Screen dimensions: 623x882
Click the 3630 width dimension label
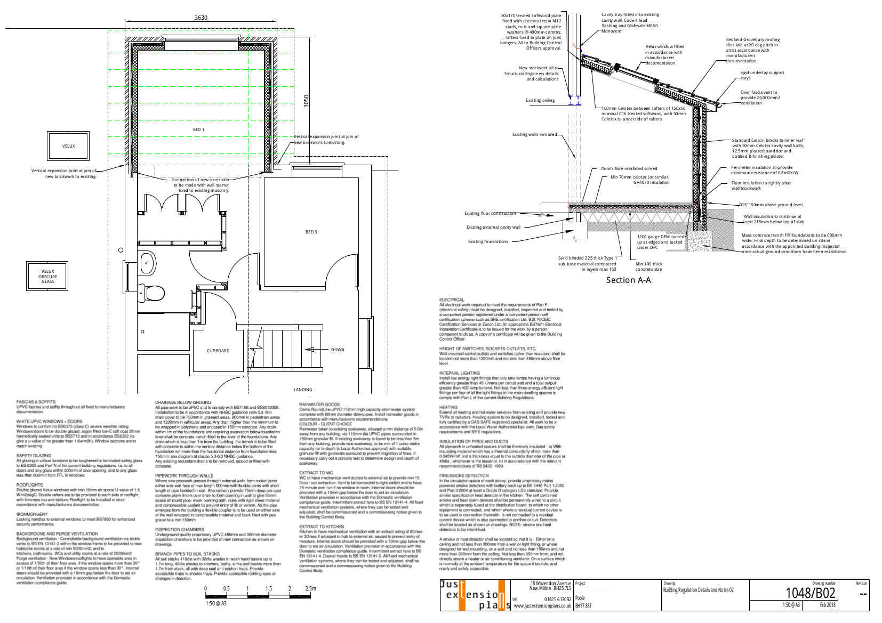(201, 18)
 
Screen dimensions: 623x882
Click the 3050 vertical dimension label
(306, 101)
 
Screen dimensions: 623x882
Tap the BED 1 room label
(198, 130)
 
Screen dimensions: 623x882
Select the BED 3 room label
(311, 232)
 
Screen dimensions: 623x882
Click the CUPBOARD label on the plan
(218, 351)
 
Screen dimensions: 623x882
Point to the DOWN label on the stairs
(338, 350)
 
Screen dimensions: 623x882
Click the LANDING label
(303, 390)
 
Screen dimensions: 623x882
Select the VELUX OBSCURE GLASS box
(48, 276)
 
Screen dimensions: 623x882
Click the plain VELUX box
(68, 146)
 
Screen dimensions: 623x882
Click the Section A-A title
(628, 280)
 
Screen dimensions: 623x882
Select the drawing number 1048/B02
(810, 593)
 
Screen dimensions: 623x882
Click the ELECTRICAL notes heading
(452, 300)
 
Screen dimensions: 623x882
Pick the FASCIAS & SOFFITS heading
(36, 402)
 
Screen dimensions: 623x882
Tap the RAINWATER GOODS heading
(319, 404)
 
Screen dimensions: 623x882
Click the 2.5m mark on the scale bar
(310, 588)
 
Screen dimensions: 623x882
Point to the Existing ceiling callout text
(540, 100)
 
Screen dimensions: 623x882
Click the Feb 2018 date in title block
(828, 605)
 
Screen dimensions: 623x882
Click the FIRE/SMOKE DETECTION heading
(464, 475)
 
